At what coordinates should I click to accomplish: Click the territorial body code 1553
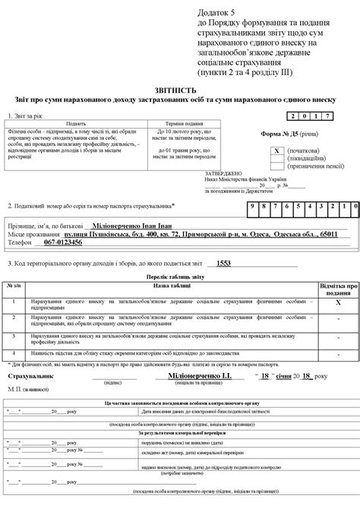tap(223, 263)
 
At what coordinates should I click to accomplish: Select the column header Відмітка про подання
tap(338, 287)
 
